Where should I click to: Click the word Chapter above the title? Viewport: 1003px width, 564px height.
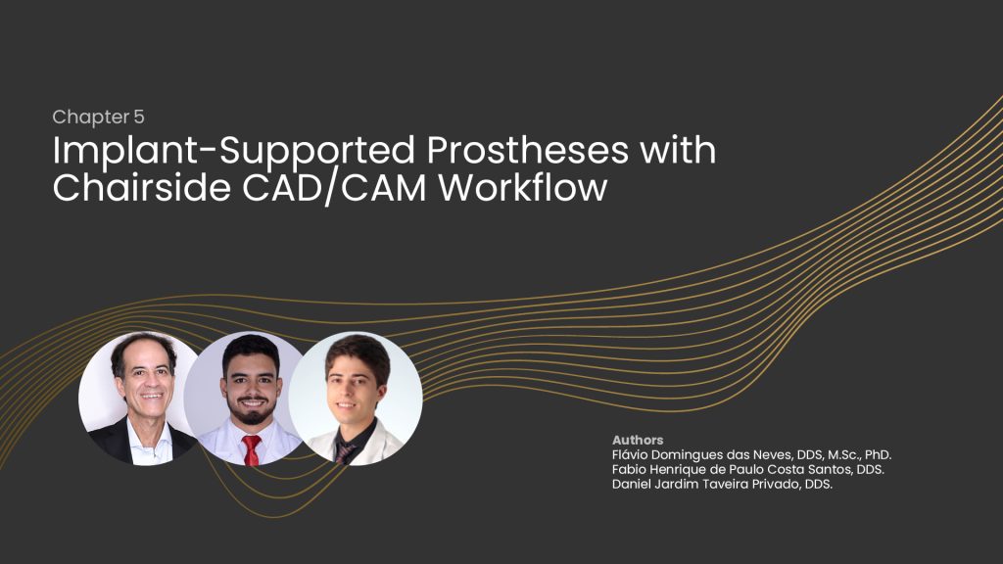[x=90, y=117]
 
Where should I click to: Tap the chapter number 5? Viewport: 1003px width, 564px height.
[x=139, y=117]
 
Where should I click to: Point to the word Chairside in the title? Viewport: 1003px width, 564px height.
[x=141, y=188]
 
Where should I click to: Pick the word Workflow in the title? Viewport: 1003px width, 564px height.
[x=523, y=188]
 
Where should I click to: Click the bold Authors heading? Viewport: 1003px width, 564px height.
[x=637, y=440]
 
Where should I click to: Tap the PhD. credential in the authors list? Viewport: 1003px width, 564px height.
[x=878, y=454]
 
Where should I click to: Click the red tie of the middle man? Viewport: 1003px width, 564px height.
[x=251, y=449]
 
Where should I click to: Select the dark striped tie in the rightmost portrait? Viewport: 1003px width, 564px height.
[x=346, y=452]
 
